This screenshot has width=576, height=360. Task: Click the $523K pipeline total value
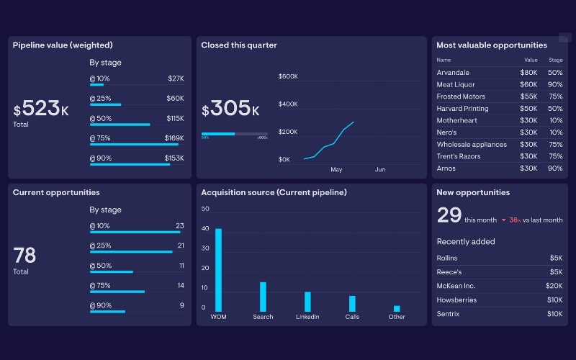click(x=41, y=109)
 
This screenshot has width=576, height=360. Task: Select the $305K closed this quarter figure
click(x=230, y=109)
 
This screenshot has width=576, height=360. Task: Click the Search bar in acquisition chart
click(x=263, y=297)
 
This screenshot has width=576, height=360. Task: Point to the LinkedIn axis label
click(x=307, y=317)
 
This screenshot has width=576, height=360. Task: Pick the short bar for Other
click(x=397, y=308)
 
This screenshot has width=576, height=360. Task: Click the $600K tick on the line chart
click(x=288, y=76)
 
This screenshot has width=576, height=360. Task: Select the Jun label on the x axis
click(x=380, y=170)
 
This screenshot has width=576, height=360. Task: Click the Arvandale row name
click(x=453, y=73)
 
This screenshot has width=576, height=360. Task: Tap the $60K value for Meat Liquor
click(x=529, y=85)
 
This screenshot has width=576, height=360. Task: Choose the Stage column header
click(x=555, y=60)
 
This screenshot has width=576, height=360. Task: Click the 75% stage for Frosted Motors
click(x=555, y=96)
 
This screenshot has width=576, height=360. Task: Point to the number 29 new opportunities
click(x=449, y=215)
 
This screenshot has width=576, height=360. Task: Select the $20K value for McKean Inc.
click(x=554, y=285)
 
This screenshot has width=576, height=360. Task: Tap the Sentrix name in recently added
click(x=448, y=314)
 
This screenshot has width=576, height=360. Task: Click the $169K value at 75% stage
click(x=174, y=138)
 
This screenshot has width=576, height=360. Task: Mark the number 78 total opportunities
click(x=24, y=255)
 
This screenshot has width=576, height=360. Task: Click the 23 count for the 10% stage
click(x=180, y=226)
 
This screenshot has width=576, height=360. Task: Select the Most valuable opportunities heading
click(x=491, y=45)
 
